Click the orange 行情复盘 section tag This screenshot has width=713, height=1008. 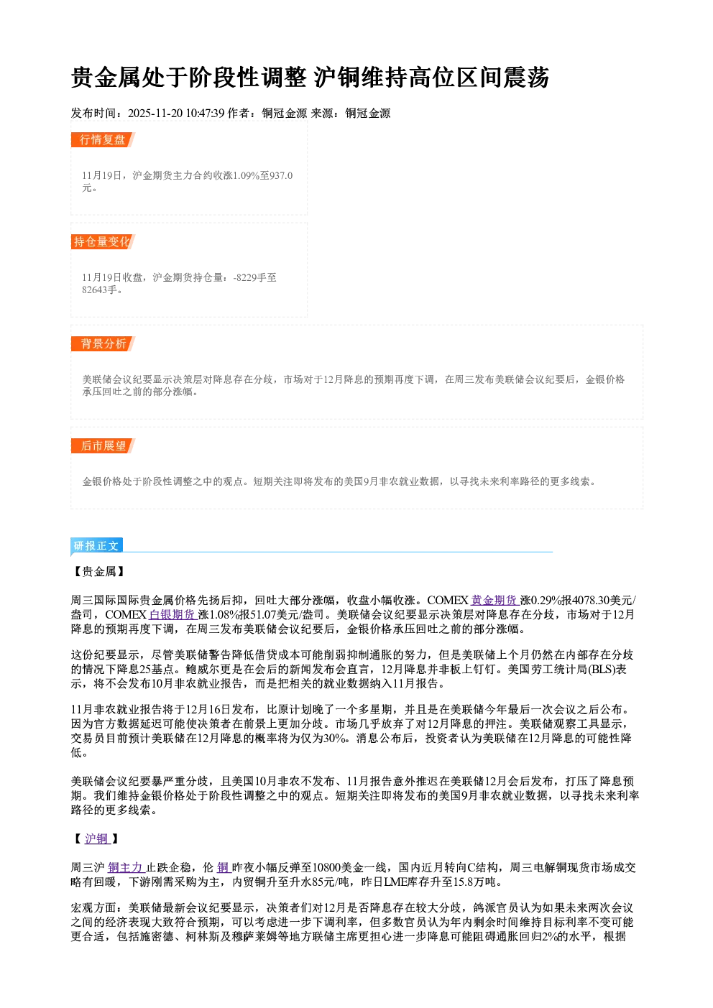coord(103,139)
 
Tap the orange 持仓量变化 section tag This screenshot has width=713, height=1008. coord(103,241)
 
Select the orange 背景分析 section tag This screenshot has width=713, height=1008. coord(103,344)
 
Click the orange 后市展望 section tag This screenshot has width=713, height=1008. coord(103,446)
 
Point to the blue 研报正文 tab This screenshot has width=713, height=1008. coord(97,546)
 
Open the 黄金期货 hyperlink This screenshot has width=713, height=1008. coord(494,601)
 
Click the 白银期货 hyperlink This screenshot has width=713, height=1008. coord(172,615)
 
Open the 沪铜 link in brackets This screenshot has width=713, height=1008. coord(96,838)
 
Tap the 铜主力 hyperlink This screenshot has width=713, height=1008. coord(126,868)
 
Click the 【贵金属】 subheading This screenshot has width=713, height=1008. coord(99,571)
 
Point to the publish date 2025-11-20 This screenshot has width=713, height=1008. coord(155,113)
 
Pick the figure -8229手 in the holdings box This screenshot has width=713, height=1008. coord(249,277)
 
